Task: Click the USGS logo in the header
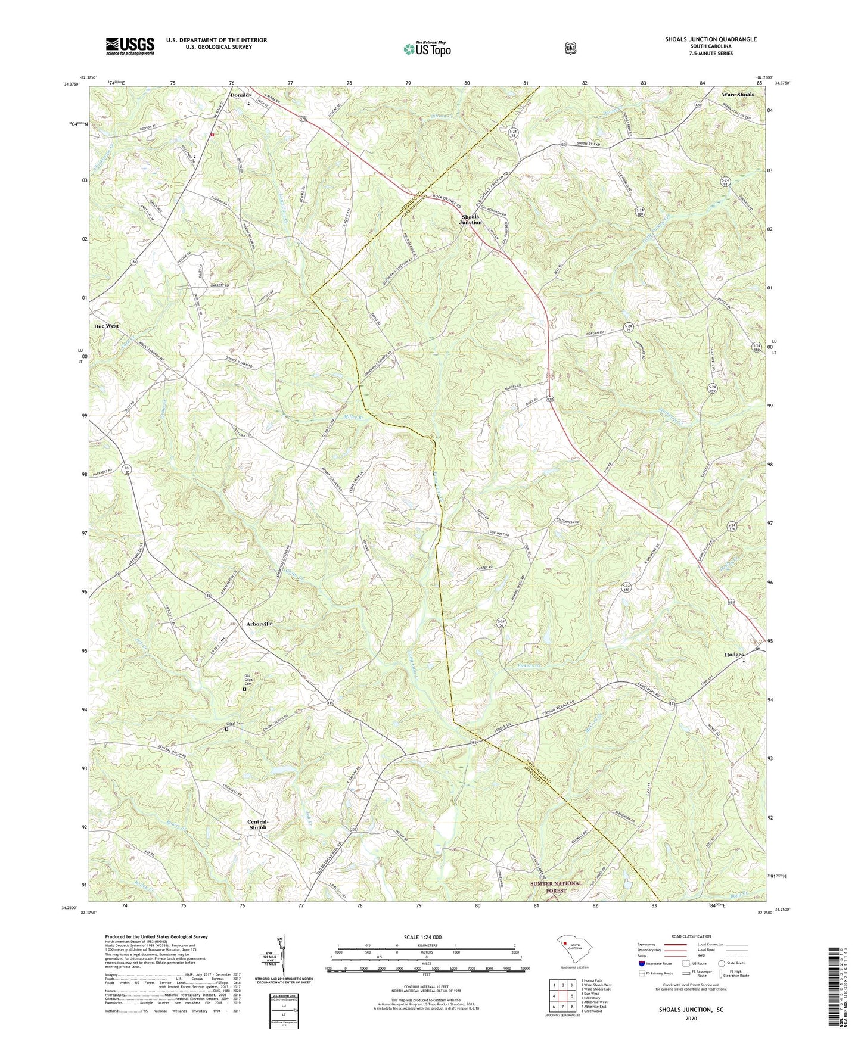pyautogui.click(x=130, y=45)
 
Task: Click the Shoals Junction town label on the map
pyautogui.click(x=470, y=219)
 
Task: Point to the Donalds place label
pyautogui.click(x=241, y=95)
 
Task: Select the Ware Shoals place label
pyautogui.click(x=737, y=95)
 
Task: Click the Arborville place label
pyautogui.click(x=259, y=624)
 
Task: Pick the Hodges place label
pyautogui.click(x=734, y=655)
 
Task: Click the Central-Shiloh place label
pyautogui.click(x=257, y=824)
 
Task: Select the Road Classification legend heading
pyautogui.click(x=691, y=936)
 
